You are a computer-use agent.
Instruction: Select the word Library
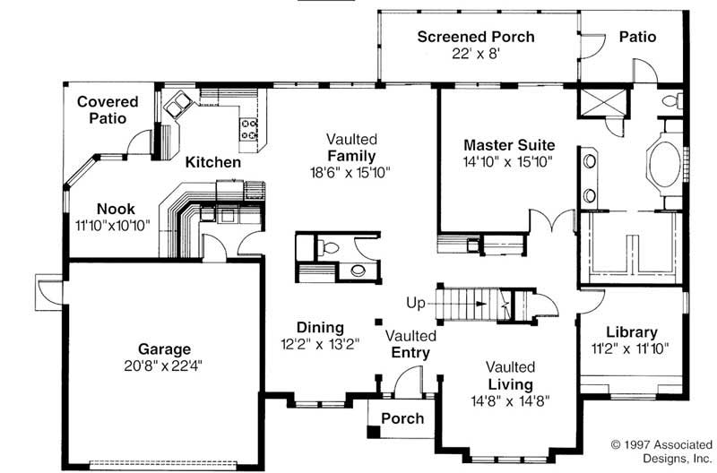[631, 331]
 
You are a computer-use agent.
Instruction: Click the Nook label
[116, 209]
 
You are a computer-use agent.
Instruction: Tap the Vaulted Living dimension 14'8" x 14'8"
[511, 400]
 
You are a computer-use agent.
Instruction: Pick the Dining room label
[320, 327]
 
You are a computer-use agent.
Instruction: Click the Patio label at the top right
[637, 37]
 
